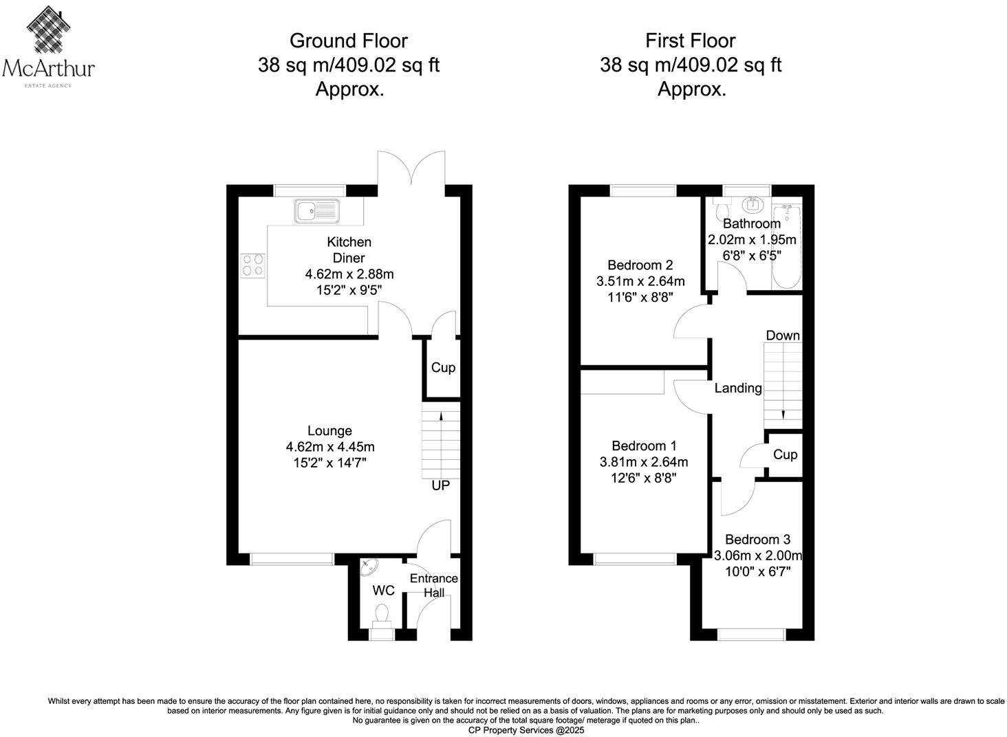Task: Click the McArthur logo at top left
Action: [x=49, y=45]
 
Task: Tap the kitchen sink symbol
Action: [x=317, y=211]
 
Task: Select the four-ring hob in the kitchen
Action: [x=252, y=265]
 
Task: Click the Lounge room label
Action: [x=329, y=431]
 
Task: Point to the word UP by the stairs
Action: [x=440, y=486]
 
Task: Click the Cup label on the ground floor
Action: [x=443, y=368]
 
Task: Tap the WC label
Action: [x=383, y=591]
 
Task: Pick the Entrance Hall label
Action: [x=433, y=586]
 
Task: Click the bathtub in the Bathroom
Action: [x=784, y=247]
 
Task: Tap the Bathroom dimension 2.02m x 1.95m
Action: [x=752, y=240]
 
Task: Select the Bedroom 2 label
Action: [x=640, y=265]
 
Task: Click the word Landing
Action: [x=738, y=388]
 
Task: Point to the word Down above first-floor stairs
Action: [x=783, y=335]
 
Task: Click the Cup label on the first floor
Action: [x=785, y=454]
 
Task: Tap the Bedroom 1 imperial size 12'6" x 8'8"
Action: [x=643, y=478]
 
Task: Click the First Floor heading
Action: [x=690, y=41]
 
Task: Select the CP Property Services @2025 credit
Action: [x=526, y=730]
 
